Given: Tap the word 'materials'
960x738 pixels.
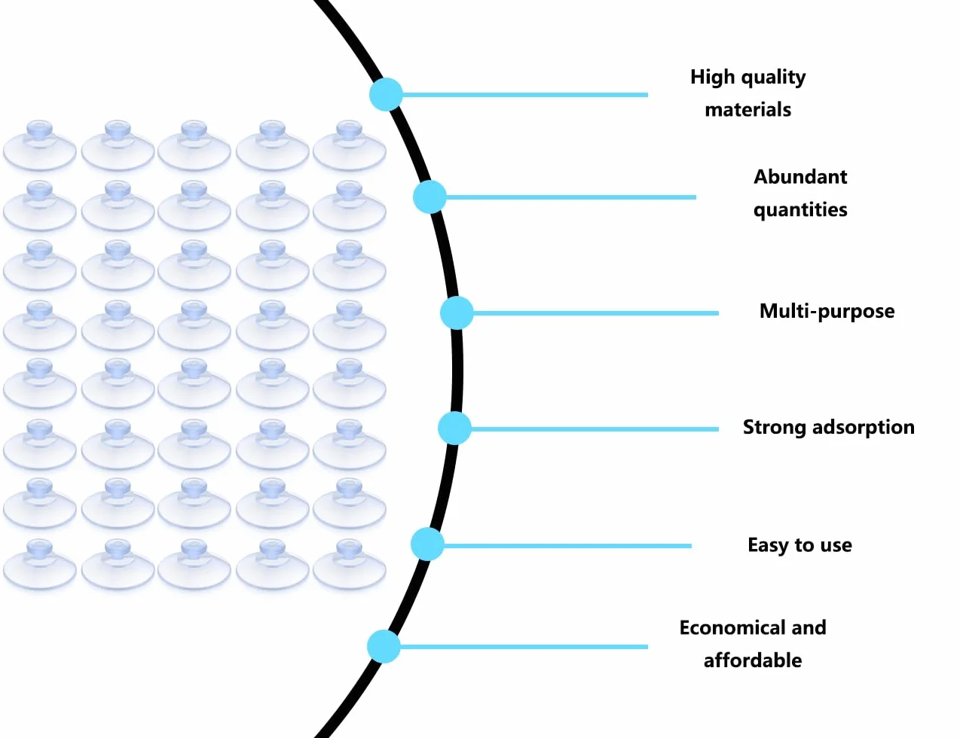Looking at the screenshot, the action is [748, 110].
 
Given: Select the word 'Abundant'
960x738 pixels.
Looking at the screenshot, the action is [800, 177].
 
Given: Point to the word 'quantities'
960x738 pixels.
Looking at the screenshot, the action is [800, 210].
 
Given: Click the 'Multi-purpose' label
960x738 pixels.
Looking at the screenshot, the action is [827, 312].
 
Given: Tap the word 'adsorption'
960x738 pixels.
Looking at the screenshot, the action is [864, 428].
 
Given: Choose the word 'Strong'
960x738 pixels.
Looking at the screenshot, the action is [775, 428].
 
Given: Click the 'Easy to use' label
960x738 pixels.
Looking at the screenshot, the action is [799, 545].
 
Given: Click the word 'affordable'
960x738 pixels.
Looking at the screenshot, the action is [753, 660].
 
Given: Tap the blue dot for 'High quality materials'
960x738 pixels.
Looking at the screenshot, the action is [386, 94].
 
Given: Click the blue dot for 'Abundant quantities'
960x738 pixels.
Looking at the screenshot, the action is [430, 197].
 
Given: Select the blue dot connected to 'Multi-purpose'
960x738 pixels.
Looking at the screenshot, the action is [457, 313].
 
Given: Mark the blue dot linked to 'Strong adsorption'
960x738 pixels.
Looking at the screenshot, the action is [454, 428].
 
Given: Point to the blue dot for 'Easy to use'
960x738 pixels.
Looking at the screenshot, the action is [427, 544].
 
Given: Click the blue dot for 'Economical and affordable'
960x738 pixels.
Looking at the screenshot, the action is [384, 647].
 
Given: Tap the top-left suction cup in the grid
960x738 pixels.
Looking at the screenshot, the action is [40, 145].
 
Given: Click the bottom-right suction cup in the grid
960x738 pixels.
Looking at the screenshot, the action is [350, 565].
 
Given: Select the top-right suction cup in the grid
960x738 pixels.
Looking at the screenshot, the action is [350, 145].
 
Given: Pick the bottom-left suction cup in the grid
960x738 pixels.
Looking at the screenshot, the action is [40, 565].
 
